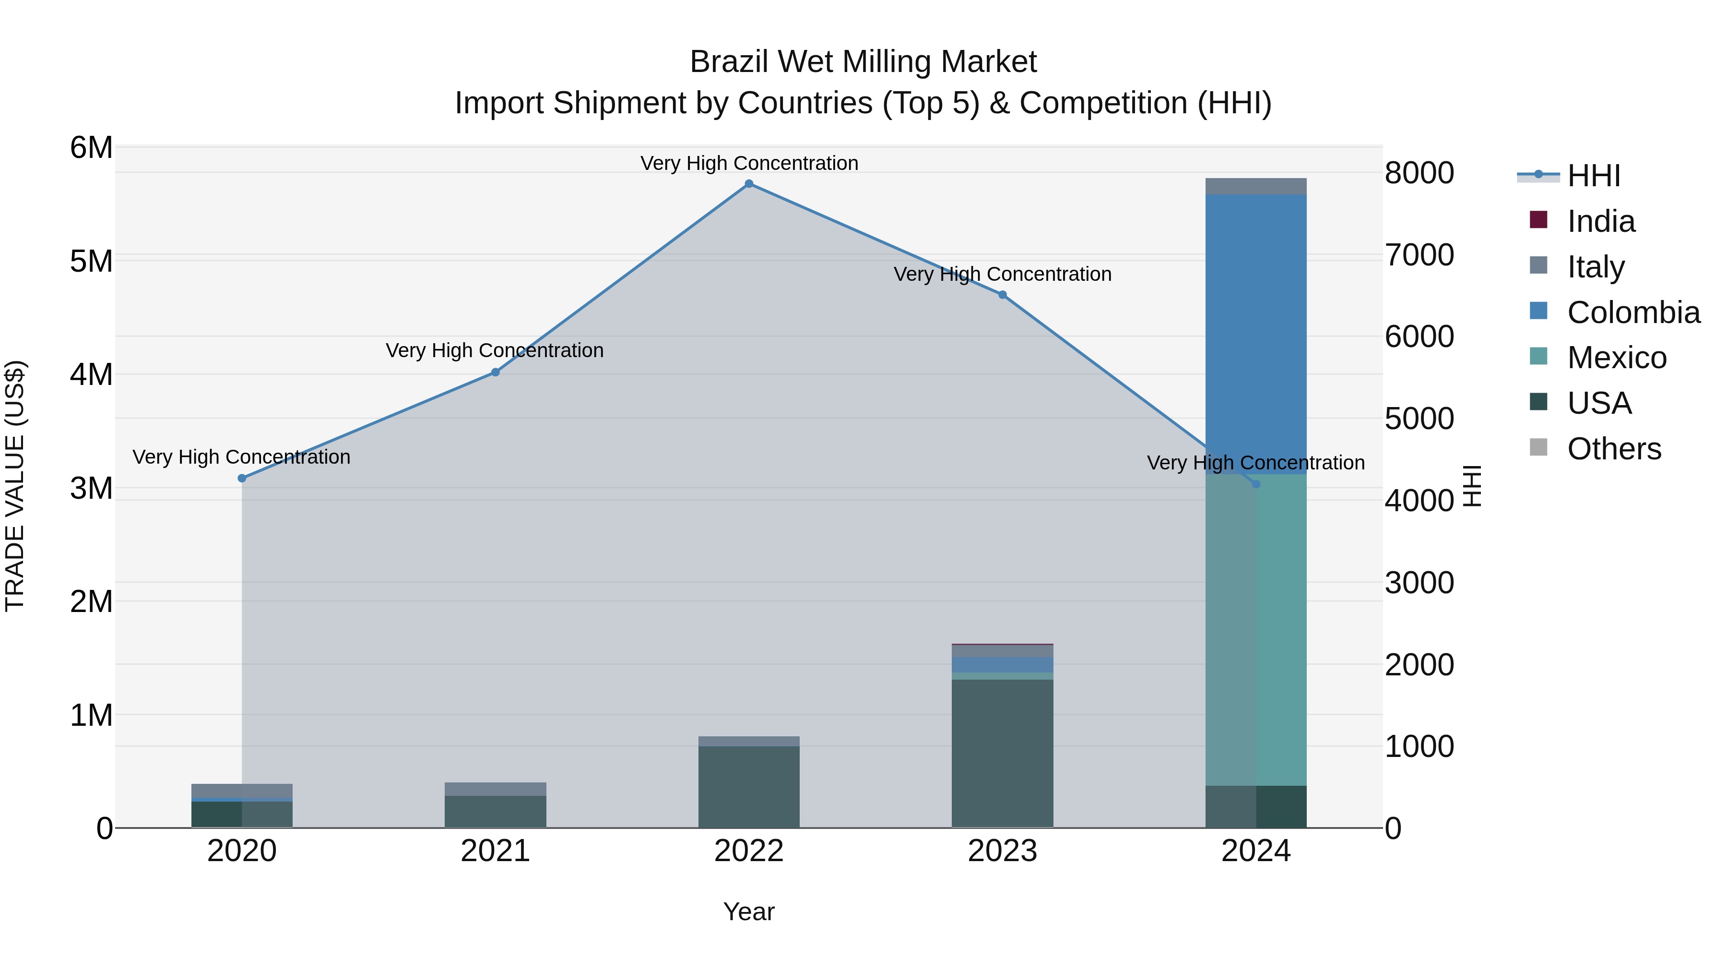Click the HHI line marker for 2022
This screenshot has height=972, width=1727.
pos(749,184)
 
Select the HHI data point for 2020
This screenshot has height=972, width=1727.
pos(242,478)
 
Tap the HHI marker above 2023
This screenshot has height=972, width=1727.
pos(1002,295)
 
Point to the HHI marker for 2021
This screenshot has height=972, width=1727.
pos(496,372)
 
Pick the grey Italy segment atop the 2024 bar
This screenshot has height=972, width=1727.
pos(1256,187)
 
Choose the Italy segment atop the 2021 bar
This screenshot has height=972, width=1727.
pos(496,789)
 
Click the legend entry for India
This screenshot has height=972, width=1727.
pos(1600,221)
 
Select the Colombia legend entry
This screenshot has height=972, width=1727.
pos(1632,312)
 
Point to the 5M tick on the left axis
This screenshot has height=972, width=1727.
pos(91,261)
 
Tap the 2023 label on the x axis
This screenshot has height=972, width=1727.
pos(1002,851)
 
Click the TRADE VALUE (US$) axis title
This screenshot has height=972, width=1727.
pos(15,486)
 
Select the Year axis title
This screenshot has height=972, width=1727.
pos(749,912)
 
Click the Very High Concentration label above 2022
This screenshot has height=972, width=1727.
pos(749,164)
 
